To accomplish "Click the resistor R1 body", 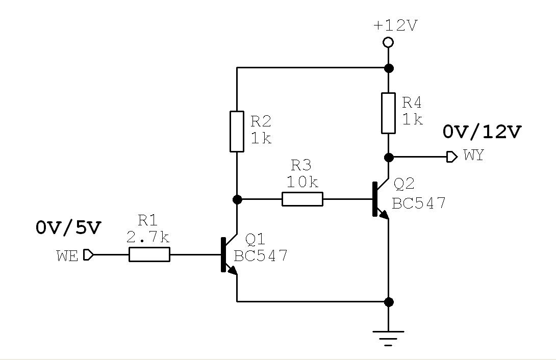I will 149,254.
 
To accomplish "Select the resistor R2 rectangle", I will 237,131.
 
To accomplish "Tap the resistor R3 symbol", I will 302,199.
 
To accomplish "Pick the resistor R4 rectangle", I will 389,113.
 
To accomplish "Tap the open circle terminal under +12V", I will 388,42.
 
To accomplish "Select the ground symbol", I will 389,338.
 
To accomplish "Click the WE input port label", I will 67,255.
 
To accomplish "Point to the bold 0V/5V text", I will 68,228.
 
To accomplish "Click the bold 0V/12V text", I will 482,132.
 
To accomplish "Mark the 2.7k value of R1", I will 148,237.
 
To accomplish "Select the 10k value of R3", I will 302,182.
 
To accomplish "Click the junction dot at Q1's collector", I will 237,199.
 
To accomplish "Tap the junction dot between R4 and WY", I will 389,157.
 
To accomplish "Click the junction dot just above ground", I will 389,302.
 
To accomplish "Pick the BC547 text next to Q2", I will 419,203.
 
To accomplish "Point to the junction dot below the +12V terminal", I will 389,68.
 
